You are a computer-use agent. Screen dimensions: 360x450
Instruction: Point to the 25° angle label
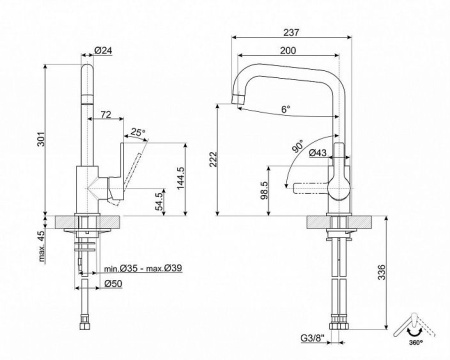[137, 131]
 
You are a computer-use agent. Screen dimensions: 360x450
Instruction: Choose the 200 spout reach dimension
[287, 49]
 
